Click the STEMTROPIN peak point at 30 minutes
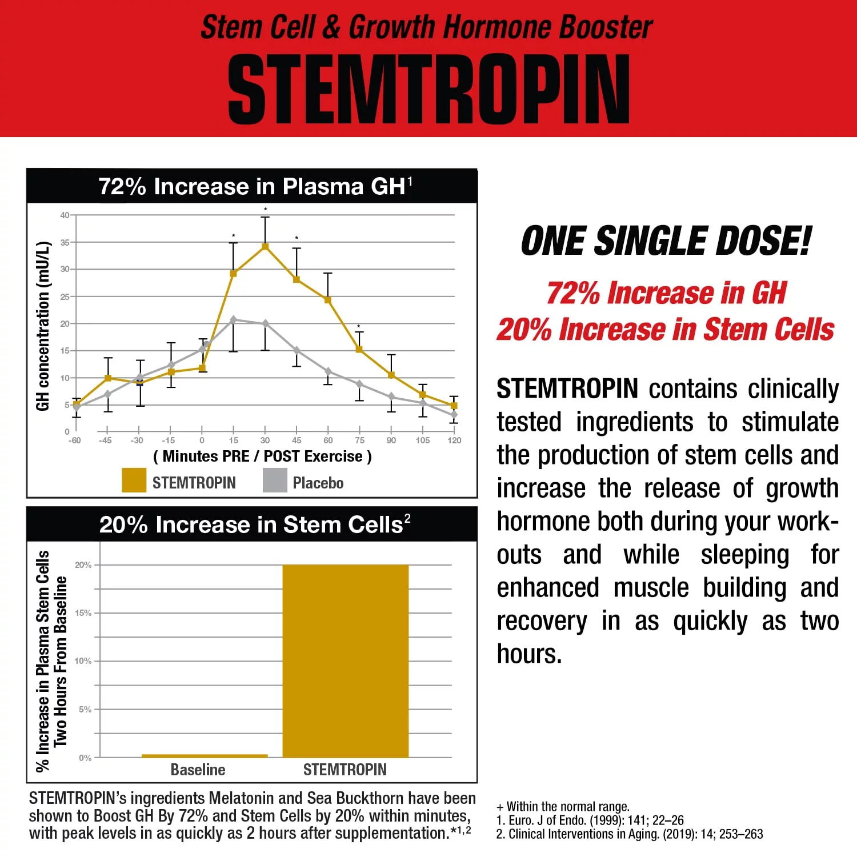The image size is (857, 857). click(265, 246)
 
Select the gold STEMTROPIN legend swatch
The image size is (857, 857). click(134, 480)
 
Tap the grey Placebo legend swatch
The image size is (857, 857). click(275, 480)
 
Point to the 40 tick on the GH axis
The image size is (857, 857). click(65, 215)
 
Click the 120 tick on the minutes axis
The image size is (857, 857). click(454, 440)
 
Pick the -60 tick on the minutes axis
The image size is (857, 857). click(74, 440)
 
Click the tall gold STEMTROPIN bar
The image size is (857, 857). click(346, 660)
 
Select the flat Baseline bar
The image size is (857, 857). click(205, 756)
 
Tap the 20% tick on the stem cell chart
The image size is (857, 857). click(83, 565)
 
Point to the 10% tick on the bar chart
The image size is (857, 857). click(83, 661)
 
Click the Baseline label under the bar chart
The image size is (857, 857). click(198, 770)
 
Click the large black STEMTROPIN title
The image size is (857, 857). click(428, 90)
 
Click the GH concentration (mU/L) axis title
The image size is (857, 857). click(43, 326)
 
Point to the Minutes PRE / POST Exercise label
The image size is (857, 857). click(262, 456)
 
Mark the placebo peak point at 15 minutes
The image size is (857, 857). click(233, 320)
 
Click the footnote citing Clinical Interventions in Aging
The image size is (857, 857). click(629, 834)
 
